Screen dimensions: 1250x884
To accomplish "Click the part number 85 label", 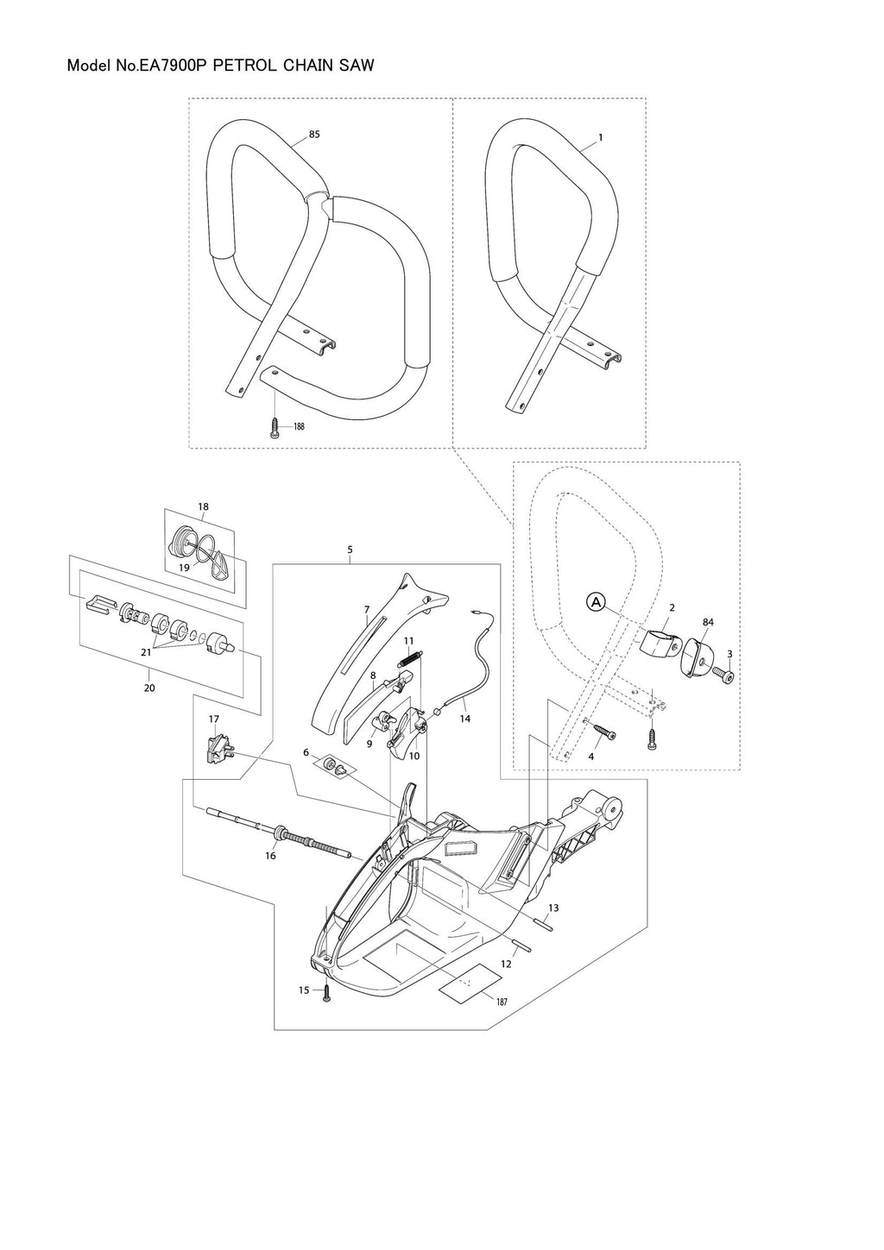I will coord(314,135).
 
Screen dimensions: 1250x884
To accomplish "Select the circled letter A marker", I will coord(596,602).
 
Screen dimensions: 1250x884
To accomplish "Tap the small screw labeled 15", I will coord(326,994).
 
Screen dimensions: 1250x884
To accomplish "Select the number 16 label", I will coord(270,856).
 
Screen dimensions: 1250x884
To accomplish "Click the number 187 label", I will coord(502,1002).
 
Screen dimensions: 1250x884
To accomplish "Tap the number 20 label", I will coord(149,688).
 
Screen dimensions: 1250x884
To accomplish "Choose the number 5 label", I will coord(350,549).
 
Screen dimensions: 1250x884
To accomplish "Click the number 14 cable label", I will coord(465,718).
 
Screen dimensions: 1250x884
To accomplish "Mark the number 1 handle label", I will coord(600,137).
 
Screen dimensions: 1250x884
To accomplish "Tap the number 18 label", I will coord(203,507).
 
